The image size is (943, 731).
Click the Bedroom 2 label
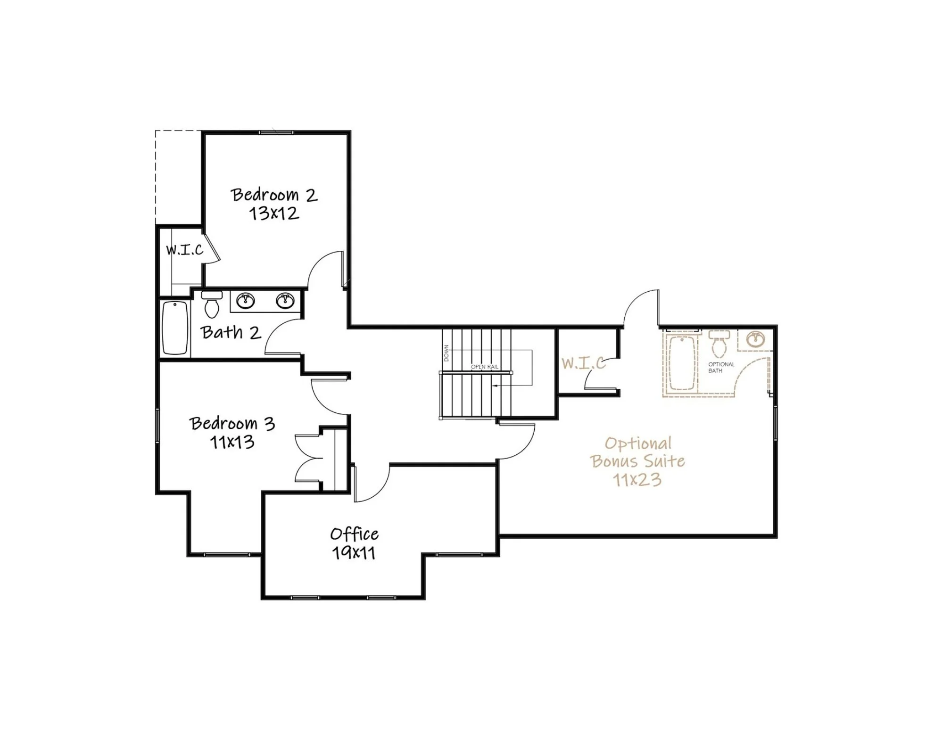[x=274, y=195]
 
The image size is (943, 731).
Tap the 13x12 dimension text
[x=274, y=214]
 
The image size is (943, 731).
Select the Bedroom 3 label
[x=232, y=423]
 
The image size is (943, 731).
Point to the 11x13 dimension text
[x=232, y=442]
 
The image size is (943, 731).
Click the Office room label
[x=354, y=534]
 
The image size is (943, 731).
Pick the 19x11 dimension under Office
[x=354, y=552]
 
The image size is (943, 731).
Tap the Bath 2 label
[x=231, y=332]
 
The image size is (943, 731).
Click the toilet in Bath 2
[x=212, y=304]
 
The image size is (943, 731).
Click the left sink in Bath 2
[x=246, y=300]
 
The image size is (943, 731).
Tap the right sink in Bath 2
[x=285, y=300]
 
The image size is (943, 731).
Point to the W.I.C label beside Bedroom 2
[x=185, y=249]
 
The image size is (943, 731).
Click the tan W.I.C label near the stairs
[x=584, y=363]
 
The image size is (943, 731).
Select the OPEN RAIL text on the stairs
[x=485, y=367]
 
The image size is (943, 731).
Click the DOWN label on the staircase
[x=447, y=353]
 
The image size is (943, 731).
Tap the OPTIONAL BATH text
[x=721, y=368]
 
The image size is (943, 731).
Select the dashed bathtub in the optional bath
[x=682, y=363]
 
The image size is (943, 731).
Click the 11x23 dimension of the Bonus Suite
[x=637, y=480]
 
